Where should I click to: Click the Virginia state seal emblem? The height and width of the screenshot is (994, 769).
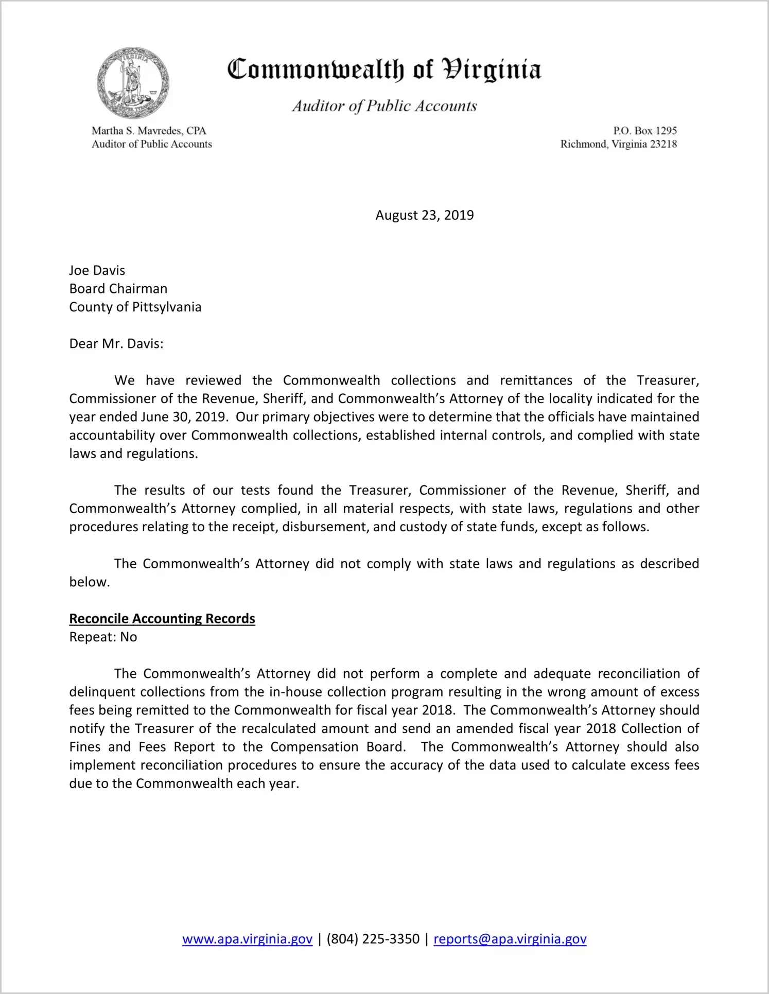[133, 83]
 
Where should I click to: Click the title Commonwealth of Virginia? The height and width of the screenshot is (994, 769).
[384, 69]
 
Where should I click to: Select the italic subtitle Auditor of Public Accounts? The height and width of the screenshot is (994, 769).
[384, 106]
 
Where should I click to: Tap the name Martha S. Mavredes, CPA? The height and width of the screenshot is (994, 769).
[149, 131]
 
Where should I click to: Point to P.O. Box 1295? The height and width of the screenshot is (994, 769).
[644, 131]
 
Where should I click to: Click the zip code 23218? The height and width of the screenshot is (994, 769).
[663, 144]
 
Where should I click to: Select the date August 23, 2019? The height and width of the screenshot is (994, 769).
[424, 215]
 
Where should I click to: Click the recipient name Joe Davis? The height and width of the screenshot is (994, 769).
[97, 270]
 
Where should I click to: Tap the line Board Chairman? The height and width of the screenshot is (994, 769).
[118, 289]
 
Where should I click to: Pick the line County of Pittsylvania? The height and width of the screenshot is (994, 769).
[135, 307]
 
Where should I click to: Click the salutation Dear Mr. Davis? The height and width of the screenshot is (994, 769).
[116, 344]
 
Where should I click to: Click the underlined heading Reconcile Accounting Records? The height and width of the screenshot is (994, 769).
[162, 619]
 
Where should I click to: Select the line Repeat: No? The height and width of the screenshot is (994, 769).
[103, 637]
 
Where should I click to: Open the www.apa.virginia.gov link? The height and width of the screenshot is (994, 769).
[247, 939]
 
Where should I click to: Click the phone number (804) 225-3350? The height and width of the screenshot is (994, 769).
[373, 939]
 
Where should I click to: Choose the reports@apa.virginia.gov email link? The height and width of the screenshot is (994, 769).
[510, 939]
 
